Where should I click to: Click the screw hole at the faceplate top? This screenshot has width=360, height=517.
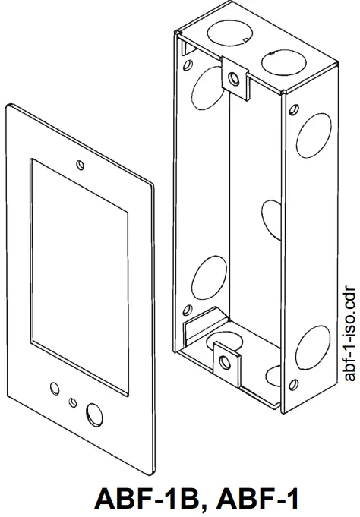pyautogui.click(x=80, y=162)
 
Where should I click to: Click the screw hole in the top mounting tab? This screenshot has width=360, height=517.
pyautogui.click(x=235, y=77)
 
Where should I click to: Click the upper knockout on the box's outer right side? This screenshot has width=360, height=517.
pyautogui.click(x=313, y=136)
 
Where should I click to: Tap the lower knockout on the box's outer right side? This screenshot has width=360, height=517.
pyautogui.click(x=313, y=345)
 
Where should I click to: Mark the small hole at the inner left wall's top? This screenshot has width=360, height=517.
pyautogui.click(x=184, y=50)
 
